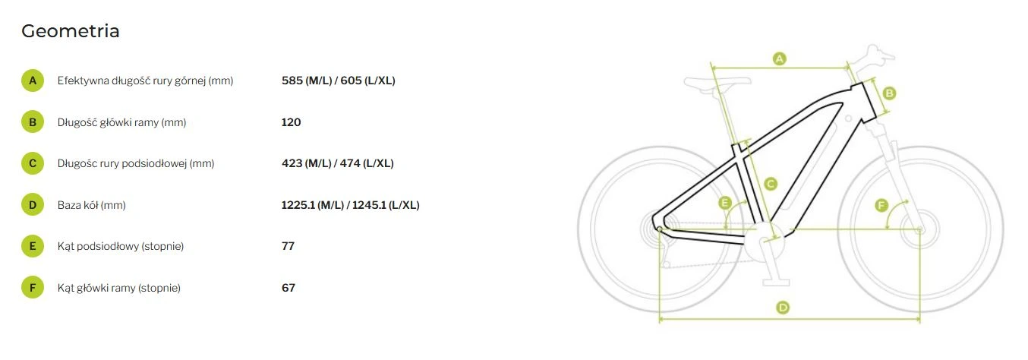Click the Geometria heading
click(x=70, y=31)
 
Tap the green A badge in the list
click(x=33, y=81)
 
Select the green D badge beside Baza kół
click(x=33, y=205)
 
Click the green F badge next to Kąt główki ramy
click(x=33, y=288)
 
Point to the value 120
click(x=291, y=122)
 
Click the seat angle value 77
click(x=288, y=246)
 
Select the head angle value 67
click(x=289, y=288)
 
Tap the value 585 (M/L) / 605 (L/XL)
click(x=338, y=81)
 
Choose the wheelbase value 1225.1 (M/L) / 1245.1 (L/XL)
click(x=350, y=205)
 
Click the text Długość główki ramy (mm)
click(x=121, y=122)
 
